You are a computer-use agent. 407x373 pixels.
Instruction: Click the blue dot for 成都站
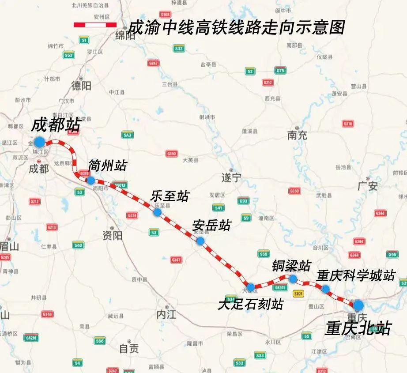pos(39,142)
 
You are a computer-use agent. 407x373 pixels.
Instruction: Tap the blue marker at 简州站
pos(90,180)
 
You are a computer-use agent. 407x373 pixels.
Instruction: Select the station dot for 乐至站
pos(157,212)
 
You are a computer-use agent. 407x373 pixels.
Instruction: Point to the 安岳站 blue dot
pos(200,241)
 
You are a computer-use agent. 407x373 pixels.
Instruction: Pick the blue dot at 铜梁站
pos(293,279)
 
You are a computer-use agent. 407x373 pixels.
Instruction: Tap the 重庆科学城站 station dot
pos(325,289)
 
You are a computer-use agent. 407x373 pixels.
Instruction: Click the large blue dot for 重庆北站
pos(358,305)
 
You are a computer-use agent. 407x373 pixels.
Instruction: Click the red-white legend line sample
pos(94,25)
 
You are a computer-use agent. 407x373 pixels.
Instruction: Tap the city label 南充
pos(297,135)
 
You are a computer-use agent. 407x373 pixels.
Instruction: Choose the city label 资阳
pos(112,235)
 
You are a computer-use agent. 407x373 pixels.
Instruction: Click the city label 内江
pos(166,315)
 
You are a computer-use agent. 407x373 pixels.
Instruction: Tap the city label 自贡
pos(129,349)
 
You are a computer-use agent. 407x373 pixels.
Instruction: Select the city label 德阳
pos(81,85)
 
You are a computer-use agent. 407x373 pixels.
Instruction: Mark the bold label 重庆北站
pos(358,328)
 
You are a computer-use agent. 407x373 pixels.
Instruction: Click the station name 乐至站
pos(170,196)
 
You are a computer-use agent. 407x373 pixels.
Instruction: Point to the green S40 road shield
pos(78,245)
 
